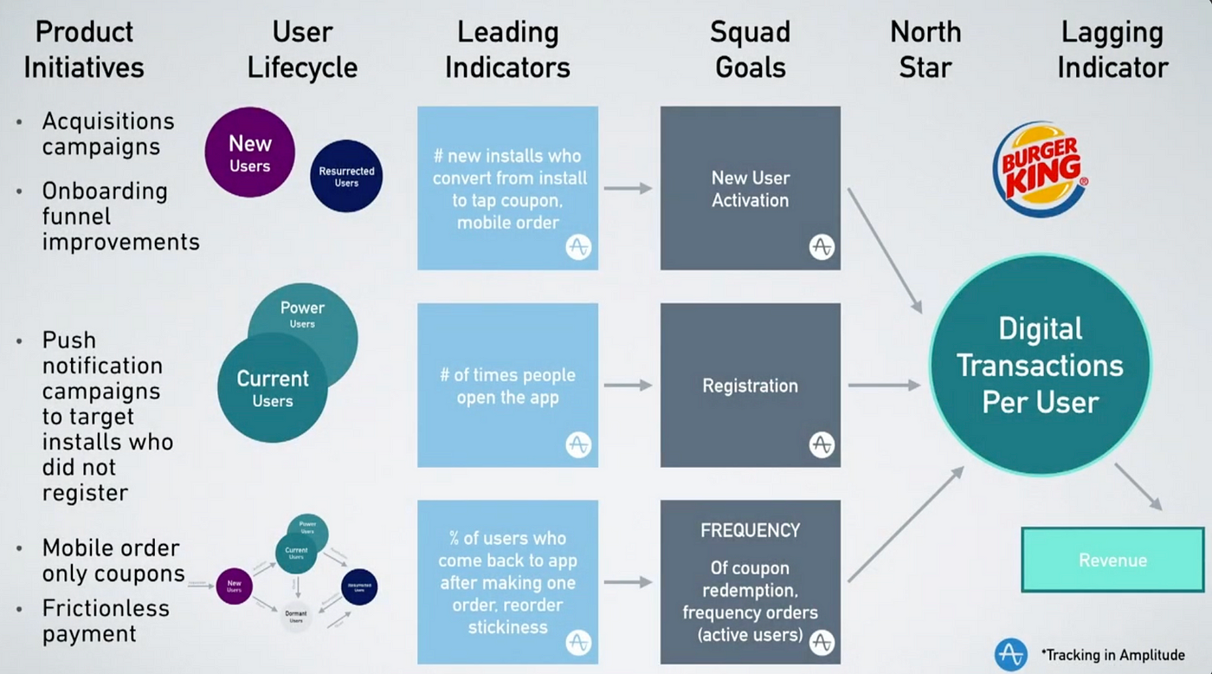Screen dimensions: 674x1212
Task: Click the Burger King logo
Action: [1039, 169]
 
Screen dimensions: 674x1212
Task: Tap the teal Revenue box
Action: [1112, 560]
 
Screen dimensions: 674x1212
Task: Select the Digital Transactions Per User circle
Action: [1040, 365]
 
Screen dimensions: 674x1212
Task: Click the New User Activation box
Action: [750, 188]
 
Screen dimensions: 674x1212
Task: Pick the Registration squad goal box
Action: [750, 386]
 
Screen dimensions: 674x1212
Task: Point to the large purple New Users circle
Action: [249, 152]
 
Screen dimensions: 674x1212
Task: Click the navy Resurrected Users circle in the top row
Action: [346, 176]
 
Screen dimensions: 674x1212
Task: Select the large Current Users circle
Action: [272, 388]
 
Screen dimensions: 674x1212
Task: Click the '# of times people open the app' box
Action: [507, 386]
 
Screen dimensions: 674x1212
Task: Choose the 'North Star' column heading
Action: [925, 49]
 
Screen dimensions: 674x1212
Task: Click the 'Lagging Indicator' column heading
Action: [1112, 49]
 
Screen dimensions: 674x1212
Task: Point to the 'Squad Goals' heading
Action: [750, 49]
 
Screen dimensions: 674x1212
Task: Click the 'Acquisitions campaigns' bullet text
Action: [108, 133]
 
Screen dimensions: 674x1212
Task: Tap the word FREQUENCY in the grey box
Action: [750, 530]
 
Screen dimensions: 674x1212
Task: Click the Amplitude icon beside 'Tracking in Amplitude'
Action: [1009, 655]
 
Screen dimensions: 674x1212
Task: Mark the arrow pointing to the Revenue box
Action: [1138, 486]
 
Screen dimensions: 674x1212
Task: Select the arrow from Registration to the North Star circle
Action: [883, 386]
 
